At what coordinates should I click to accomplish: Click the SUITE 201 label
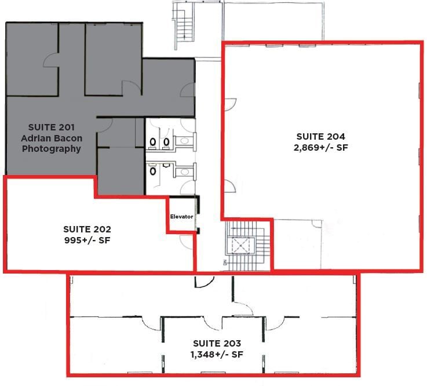pyautogui.click(x=51, y=127)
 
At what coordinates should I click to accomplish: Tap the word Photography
pyautogui.click(x=51, y=149)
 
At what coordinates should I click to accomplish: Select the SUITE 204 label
pyautogui.click(x=320, y=137)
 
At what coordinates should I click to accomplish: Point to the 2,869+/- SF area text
pyautogui.click(x=320, y=147)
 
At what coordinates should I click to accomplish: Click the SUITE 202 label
pyautogui.click(x=87, y=229)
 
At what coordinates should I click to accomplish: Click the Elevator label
pyautogui.click(x=181, y=217)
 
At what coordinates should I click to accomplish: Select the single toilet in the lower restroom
pyautogui.click(x=153, y=171)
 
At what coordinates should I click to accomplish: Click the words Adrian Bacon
pyautogui.click(x=51, y=138)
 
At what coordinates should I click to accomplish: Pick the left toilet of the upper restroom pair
pyautogui.click(x=154, y=141)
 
